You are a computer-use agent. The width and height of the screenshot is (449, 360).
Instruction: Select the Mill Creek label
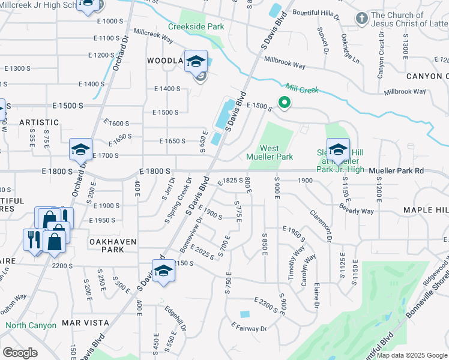pyautogui.click(x=301, y=88)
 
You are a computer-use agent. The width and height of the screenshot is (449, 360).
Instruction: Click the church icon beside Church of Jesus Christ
pyautogui.click(x=361, y=18)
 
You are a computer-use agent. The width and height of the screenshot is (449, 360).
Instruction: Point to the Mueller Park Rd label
pyautogui.click(x=396, y=171)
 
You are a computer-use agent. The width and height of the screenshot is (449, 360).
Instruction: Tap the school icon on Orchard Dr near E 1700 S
pyautogui.click(x=80, y=149)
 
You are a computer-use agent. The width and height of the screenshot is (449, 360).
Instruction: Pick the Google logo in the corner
pyautogui.click(x=20, y=352)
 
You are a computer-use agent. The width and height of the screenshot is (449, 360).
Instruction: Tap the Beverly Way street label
pyautogui.click(x=356, y=210)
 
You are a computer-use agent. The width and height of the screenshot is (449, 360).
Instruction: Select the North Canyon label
pyautogui.click(x=31, y=325)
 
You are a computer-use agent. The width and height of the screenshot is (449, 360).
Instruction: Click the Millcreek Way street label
pyautogui.click(x=154, y=34)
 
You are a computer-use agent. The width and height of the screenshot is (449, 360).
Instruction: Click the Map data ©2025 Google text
pyautogui.click(x=411, y=355)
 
